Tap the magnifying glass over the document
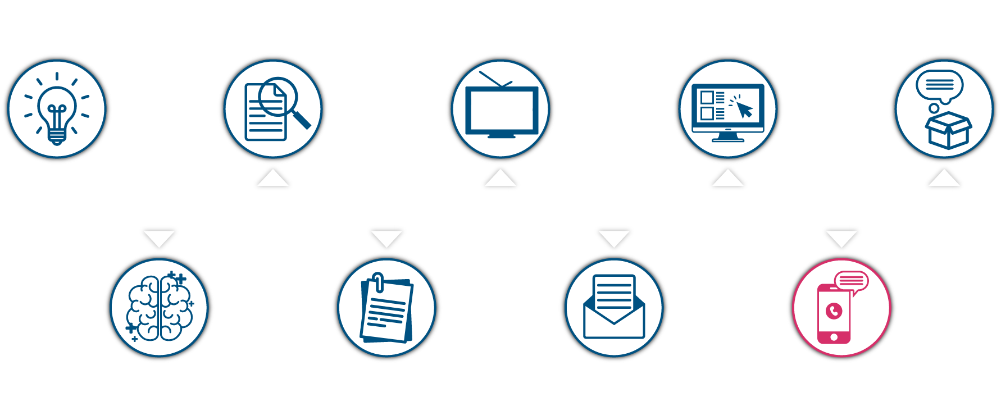point(278,97)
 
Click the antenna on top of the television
point(494,79)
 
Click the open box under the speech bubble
point(948,130)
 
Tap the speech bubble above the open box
point(939,85)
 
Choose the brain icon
point(160,308)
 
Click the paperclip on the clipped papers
point(378,282)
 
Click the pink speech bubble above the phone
point(852,281)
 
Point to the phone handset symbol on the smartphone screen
point(834,310)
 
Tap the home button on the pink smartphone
point(834,337)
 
